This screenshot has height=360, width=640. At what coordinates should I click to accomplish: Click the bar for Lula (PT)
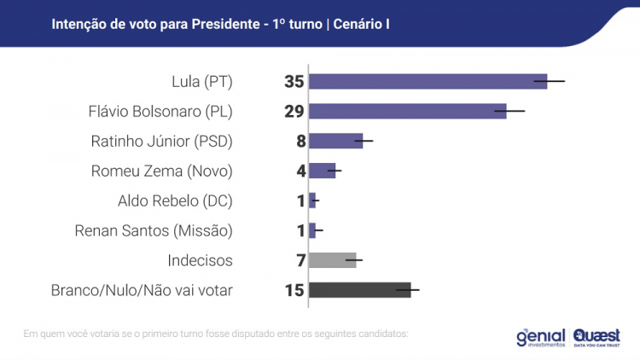point(427,81)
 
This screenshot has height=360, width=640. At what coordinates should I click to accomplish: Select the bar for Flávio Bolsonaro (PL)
point(407,111)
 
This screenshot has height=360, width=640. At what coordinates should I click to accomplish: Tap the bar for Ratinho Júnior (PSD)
point(335,141)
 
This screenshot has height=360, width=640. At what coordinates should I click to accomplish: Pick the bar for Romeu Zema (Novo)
point(322,171)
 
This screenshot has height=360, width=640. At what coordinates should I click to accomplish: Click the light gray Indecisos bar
point(332,260)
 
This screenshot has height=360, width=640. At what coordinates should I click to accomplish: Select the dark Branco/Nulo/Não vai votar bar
point(359,290)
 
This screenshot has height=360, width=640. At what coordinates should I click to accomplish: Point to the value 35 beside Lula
point(294,82)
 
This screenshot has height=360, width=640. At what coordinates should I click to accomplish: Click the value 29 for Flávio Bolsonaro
point(294,112)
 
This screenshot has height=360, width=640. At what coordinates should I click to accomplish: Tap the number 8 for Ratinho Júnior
point(300,142)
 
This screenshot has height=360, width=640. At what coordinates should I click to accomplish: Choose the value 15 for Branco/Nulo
point(294,291)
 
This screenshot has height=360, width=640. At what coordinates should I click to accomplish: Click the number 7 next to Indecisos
point(300,261)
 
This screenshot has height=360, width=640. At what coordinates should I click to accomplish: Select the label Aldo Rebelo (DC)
point(175,201)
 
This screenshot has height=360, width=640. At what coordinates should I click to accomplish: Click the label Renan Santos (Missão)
point(154,231)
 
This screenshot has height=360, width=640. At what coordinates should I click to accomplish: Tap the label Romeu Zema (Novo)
point(161,171)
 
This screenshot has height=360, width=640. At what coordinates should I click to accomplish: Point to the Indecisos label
point(201,261)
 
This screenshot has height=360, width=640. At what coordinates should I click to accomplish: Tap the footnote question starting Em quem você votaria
point(215,333)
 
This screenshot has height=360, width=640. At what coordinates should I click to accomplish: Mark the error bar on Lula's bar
point(556,81)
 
